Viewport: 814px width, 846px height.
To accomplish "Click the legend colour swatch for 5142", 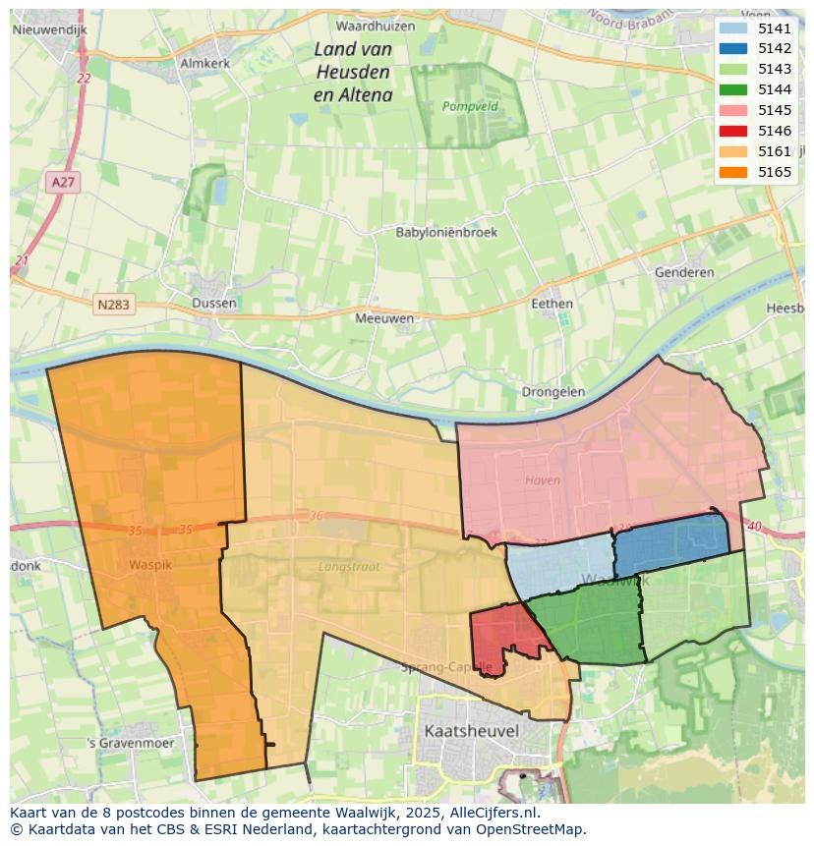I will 732,48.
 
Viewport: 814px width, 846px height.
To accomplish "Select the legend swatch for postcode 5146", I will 732,131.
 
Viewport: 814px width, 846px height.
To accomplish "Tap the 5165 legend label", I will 775,172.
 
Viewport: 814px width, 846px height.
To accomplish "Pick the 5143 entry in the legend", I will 775,69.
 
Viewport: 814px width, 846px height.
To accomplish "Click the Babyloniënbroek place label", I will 446,233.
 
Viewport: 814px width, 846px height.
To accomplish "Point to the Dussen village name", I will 214,303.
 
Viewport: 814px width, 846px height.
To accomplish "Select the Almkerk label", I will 204,63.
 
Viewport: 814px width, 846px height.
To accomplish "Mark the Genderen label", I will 683,272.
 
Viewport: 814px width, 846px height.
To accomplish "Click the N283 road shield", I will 113,305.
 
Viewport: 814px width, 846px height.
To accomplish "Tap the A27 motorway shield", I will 61,182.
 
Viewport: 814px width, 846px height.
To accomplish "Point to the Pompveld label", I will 470,106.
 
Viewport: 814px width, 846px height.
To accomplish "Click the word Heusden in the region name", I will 353,72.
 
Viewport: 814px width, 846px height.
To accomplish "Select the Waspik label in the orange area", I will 149,565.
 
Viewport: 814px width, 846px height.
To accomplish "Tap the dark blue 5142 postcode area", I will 670,543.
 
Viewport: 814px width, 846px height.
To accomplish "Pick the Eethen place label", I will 552,304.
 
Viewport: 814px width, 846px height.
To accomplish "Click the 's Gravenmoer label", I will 130,743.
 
